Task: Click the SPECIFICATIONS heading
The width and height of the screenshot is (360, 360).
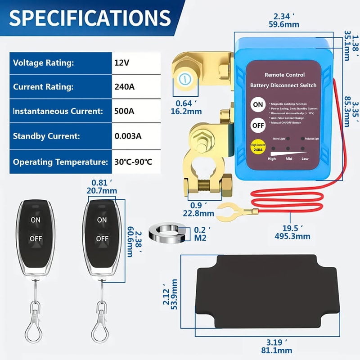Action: coord(90,18)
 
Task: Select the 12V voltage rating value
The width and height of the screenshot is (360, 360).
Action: coord(121,63)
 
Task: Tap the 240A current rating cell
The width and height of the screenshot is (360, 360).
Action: coord(124,87)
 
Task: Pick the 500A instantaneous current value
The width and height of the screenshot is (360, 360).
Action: coord(124,111)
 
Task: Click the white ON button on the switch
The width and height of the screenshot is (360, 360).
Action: coord(258,104)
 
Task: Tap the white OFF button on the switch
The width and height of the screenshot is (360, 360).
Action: coord(258,126)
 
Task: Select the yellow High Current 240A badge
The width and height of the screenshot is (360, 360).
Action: coord(258,147)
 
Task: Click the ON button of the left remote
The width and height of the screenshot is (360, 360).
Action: coord(35,220)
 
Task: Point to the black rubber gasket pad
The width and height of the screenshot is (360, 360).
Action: coord(265,291)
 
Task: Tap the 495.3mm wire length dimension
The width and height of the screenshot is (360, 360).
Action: coord(292,236)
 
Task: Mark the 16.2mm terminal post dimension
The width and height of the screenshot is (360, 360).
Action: coord(188,110)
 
